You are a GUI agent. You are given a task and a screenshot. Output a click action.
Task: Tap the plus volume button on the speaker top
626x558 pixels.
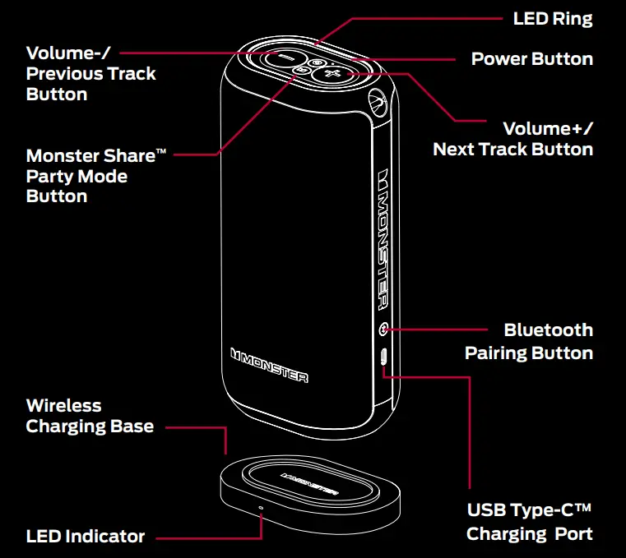[334, 75]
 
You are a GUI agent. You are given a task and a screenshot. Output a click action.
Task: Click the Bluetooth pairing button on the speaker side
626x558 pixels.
[383, 330]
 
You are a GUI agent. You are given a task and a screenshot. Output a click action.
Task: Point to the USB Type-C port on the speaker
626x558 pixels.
[384, 357]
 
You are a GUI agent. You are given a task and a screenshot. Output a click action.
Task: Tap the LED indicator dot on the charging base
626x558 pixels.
[262, 507]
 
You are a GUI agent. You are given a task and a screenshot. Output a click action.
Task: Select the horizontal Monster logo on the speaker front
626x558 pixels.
[269, 365]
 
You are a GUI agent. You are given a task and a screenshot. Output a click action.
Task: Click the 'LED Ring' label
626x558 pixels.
[552, 18]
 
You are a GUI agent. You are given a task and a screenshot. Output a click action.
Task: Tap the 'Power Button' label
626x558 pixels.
[531, 59]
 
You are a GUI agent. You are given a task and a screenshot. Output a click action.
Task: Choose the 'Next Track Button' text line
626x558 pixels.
[512, 150]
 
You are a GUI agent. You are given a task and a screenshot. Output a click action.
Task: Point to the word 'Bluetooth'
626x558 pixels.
[548, 330]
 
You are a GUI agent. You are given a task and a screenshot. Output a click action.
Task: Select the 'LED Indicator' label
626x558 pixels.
[86, 537]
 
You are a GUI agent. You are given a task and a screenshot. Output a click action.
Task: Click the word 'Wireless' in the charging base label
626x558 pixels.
[64, 405]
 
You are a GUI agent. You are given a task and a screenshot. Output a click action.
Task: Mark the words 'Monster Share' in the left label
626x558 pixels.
[90, 156]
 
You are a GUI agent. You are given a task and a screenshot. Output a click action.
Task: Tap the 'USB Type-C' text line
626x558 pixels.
[530, 510]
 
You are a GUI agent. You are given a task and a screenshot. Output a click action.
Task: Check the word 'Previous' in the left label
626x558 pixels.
[63, 74]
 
